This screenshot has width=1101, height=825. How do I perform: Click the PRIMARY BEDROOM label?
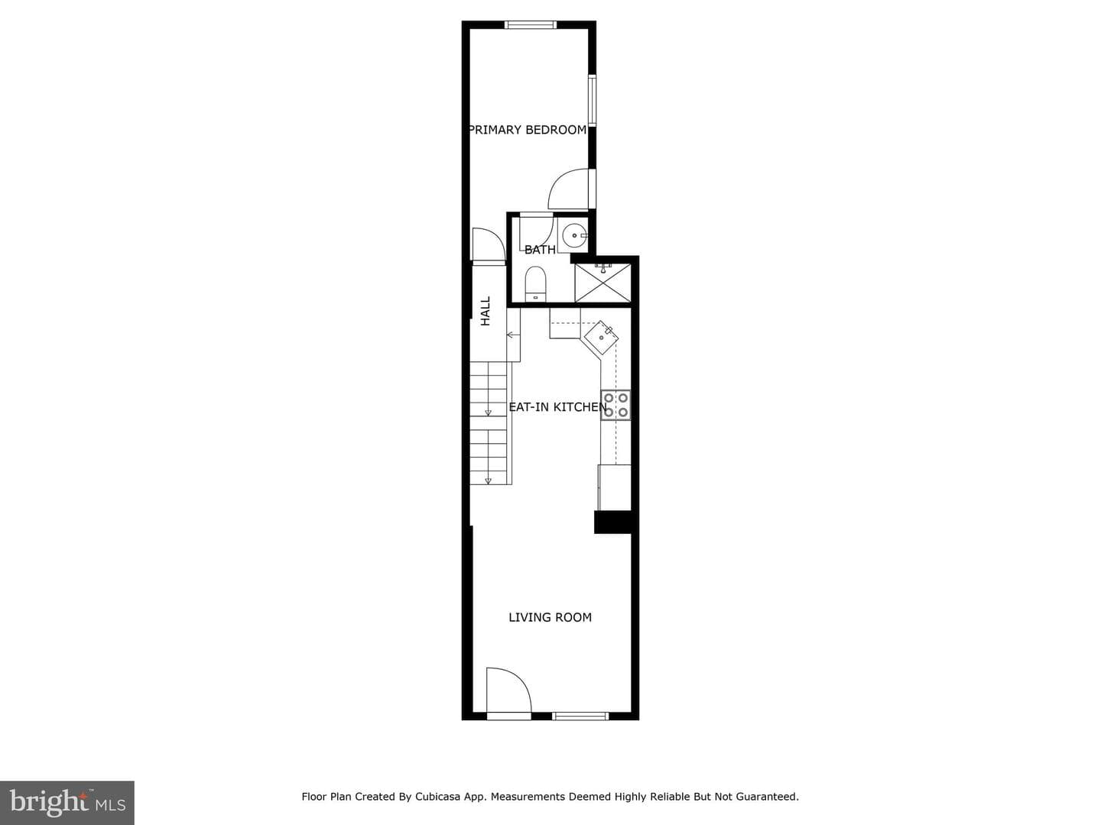click(528, 130)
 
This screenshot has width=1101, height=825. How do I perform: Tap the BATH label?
click(540, 250)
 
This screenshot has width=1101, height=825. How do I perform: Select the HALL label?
click(486, 311)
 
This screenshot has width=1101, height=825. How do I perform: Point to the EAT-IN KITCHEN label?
click(558, 407)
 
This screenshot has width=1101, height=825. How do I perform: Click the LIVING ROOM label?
click(550, 618)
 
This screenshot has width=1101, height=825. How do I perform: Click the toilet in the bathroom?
click(535, 284)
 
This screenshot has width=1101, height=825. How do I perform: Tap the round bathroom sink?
click(575, 235)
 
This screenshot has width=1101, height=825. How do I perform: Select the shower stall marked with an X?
click(602, 283)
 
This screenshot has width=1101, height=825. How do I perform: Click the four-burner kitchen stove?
click(615, 405)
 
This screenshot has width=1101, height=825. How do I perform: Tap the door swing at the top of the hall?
click(489, 244)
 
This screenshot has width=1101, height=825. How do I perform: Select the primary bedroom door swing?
click(569, 189)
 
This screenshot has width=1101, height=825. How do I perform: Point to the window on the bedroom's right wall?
click(593, 99)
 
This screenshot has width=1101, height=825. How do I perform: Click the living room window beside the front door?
click(580, 717)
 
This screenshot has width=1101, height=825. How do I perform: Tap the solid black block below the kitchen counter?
click(613, 522)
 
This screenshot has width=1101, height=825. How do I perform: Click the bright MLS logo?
click(67, 802)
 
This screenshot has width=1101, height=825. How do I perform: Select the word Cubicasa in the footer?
click(437, 797)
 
